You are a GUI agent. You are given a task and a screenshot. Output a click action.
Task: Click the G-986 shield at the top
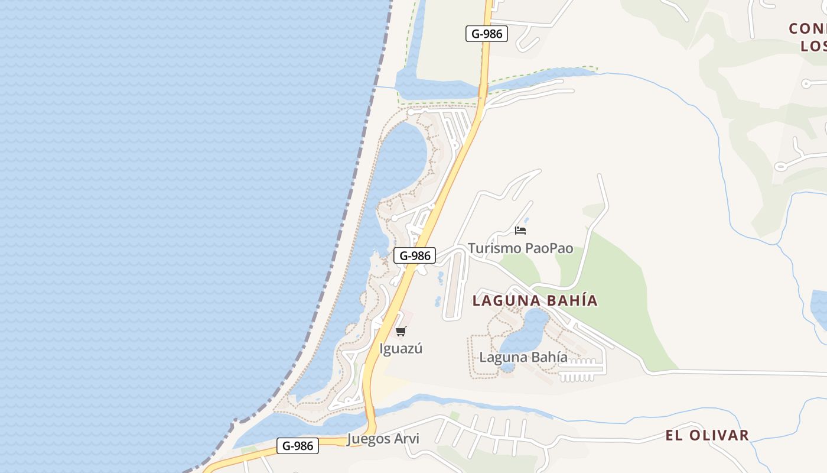point(487,34)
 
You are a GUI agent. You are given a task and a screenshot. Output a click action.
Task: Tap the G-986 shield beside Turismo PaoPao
point(415,255)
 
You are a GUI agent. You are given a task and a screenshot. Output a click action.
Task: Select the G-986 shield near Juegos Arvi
point(298,446)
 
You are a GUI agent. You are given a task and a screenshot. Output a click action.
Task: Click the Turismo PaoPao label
point(520,248)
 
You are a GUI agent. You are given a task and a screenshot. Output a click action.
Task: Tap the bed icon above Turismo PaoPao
point(520,230)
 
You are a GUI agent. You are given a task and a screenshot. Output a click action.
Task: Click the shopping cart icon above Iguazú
point(401,331)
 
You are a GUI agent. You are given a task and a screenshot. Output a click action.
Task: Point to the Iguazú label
point(401,348)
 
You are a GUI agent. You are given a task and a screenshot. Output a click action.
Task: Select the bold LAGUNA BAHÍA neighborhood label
point(535,300)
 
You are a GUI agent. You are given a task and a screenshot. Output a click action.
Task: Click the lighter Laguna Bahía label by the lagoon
point(523,357)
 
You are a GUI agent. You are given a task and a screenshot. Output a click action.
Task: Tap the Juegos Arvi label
point(383,439)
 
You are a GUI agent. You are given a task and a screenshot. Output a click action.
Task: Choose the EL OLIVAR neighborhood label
point(707,436)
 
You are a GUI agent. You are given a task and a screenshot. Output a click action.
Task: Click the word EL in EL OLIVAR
point(673,436)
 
